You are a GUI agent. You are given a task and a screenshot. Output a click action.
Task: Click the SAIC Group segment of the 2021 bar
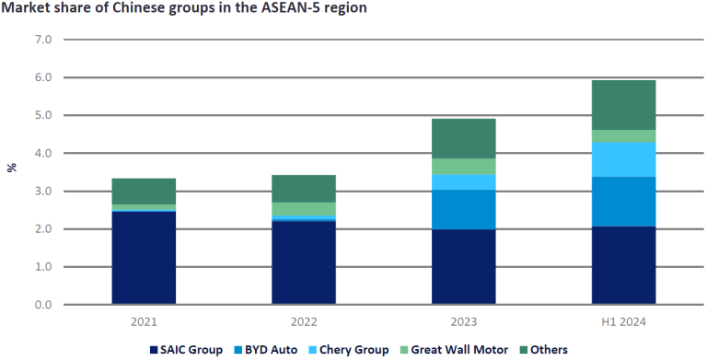coord(144,257)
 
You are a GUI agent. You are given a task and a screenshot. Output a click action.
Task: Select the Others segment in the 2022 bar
coord(304,188)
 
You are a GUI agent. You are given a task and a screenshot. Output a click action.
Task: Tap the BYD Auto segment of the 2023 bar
coord(464,209)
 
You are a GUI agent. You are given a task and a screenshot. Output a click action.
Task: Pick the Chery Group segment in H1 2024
coord(623,159)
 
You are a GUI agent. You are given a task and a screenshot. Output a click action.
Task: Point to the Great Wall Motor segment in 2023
coord(464,166)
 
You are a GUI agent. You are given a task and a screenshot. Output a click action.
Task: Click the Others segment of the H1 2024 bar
coord(623,104)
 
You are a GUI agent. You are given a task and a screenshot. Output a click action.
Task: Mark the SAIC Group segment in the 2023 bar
coord(464,266)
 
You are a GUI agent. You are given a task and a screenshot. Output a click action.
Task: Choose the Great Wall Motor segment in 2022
coord(304,209)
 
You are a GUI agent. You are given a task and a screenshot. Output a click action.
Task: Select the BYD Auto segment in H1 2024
coord(623,201)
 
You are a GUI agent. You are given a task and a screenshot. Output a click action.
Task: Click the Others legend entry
coord(549,349)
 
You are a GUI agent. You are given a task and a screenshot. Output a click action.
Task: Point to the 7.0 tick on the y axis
coord(42,40)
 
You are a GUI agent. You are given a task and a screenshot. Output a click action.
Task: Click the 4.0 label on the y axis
coord(42,153)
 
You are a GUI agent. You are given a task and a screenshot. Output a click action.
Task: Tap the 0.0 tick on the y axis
coord(42,305)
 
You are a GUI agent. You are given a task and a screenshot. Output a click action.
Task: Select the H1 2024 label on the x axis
coord(623,320)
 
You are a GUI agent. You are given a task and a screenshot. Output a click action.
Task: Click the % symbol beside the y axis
coord(12,168)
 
